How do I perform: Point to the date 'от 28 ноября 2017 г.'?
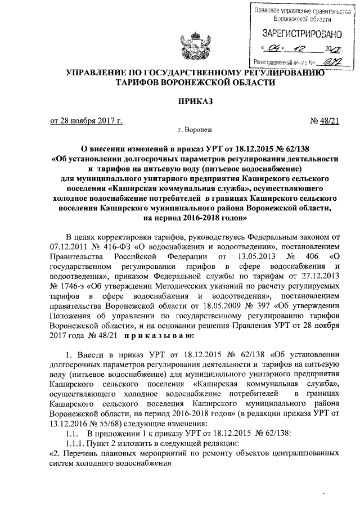[87, 121]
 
